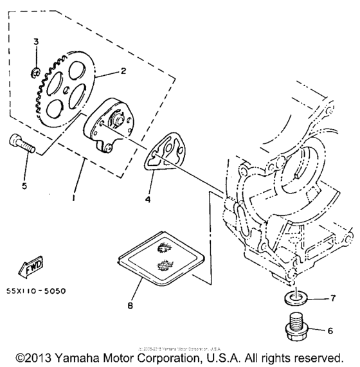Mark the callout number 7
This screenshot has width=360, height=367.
(x=332, y=298)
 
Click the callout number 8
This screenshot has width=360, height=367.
(x=132, y=306)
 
